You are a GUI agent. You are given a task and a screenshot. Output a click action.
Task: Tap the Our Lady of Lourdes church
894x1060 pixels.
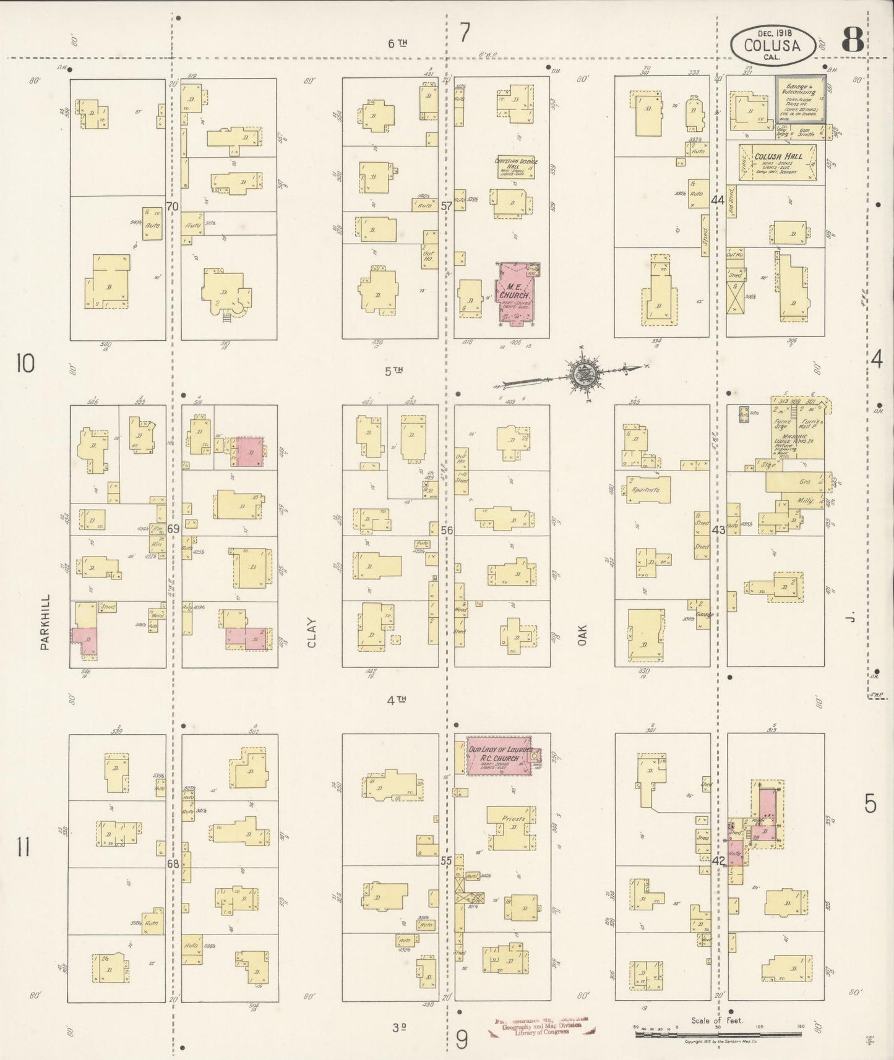click(500, 754)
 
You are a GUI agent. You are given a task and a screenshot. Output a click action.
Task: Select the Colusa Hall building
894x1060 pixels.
click(781, 163)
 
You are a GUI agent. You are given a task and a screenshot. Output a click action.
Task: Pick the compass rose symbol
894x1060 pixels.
click(583, 373)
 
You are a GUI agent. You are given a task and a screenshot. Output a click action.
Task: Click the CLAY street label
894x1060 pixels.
click(311, 633)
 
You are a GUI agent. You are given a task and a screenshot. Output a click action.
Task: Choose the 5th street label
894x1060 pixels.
click(394, 371)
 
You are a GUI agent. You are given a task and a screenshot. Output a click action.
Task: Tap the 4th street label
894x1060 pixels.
click(396, 700)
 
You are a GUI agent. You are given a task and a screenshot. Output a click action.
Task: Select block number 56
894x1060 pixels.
click(447, 530)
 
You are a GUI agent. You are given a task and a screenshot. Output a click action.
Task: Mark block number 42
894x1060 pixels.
click(718, 860)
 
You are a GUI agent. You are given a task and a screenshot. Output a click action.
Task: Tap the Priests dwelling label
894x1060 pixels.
click(513, 819)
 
